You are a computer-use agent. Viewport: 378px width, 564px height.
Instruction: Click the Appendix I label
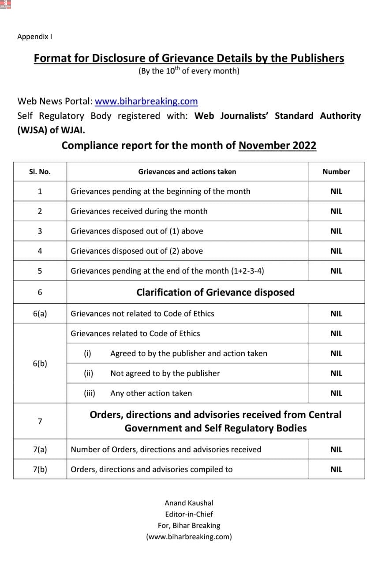pyautogui.click(x=35, y=37)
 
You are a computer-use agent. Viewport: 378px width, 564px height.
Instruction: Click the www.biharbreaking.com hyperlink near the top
pyautogui.click(x=146, y=101)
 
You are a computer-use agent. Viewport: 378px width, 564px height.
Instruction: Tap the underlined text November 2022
pyautogui.click(x=277, y=145)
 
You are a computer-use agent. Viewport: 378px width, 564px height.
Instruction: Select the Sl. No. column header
pyautogui.click(x=40, y=172)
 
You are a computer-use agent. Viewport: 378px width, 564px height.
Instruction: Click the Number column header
pyautogui.click(x=336, y=172)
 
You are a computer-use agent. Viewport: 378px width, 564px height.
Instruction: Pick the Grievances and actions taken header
pyautogui.click(x=187, y=172)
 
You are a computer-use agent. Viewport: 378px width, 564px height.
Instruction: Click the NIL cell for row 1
pyautogui.click(x=336, y=191)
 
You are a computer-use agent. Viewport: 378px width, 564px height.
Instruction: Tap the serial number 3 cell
pyautogui.click(x=40, y=231)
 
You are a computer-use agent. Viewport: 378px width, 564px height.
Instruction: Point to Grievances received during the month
pyautogui.click(x=139, y=211)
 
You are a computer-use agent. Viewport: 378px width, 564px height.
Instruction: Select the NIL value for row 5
pyautogui.click(x=336, y=271)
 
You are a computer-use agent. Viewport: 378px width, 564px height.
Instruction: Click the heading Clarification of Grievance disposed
pyautogui.click(x=215, y=293)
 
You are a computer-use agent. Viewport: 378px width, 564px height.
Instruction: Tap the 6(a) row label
pyautogui.click(x=40, y=314)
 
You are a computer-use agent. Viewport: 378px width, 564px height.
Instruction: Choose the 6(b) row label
pyautogui.click(x=40, y=364)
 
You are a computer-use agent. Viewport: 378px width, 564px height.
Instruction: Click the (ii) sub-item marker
pyautogui.click(x=88, y=373)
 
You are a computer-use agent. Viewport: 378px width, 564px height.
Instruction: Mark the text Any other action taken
pyautogui.click(x=151, y=393)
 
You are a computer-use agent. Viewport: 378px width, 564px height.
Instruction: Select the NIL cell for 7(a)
pyautogui.click(x=336, y=449)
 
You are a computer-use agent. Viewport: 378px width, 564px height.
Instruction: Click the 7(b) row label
pyautogui.click(x=40, y=469)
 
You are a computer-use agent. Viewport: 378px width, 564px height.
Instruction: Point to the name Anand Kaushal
pyautogui.click(x=189, y=503)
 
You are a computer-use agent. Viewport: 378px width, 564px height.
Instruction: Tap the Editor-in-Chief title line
pyautogui.click(x=189, y=514)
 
